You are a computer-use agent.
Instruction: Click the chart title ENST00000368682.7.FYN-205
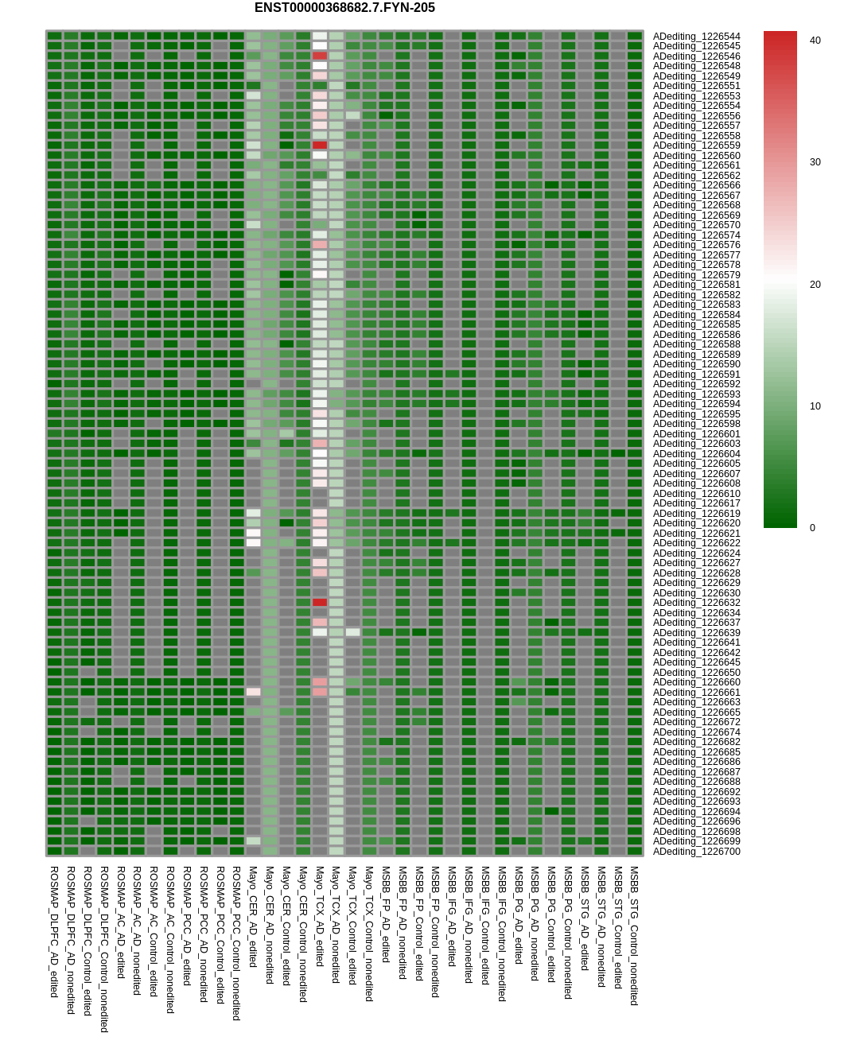(x=344, y=8)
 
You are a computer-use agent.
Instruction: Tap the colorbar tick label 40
(x=815, y=41)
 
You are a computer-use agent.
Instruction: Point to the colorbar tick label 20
(x=815, y=285)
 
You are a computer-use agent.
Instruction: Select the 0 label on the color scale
(x=812, y=528)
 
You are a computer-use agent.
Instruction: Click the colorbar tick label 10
(x=815, y=406)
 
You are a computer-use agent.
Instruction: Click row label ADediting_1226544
(x=696, y=37)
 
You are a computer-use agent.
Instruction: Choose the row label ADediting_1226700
(x=696, y=852)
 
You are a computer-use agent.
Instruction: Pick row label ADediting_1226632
(x=696, y=603)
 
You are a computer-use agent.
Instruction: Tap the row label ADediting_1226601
(x=696, y=434)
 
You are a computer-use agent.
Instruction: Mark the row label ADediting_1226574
(x=696, y=235)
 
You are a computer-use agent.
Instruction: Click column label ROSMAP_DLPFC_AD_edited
(x=54, y=931)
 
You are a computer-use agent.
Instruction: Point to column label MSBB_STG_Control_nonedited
(x=634, y=936)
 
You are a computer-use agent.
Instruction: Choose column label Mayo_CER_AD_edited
(x=253, y=917)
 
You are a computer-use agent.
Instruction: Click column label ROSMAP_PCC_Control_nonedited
(x=236, y=943)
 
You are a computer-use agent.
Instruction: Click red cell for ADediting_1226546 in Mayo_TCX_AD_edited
(x=320, y=56)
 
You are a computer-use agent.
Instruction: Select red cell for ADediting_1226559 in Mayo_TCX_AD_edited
(x=320, y=146)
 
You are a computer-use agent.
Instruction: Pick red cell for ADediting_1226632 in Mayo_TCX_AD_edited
(x=320, y=603)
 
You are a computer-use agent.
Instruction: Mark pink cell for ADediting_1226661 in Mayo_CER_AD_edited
(x=253, y=692)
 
